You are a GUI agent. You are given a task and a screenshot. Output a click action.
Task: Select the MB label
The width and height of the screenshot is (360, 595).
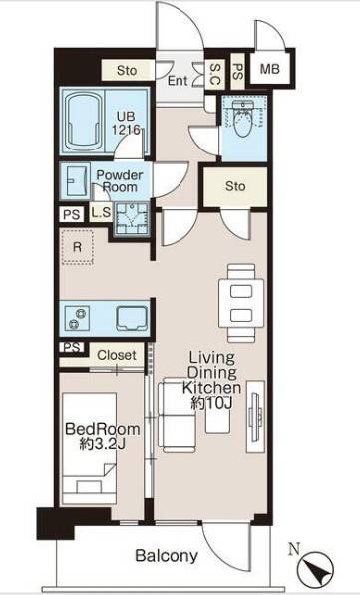tap(270, 69)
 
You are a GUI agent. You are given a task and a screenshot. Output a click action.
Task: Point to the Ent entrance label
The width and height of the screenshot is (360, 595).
tap(178, 81)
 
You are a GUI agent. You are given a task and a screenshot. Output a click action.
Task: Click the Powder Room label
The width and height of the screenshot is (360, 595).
tap(120, 181)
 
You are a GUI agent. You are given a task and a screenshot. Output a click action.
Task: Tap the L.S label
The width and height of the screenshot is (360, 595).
tap(101, 213)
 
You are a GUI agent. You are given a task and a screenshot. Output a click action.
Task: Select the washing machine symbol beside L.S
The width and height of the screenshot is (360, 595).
tap(132, 219)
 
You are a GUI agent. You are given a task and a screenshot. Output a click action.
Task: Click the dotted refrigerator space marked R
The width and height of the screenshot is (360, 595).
tap(78, 246)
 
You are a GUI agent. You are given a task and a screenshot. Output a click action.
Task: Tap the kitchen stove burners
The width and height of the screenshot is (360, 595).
tap(77, 318)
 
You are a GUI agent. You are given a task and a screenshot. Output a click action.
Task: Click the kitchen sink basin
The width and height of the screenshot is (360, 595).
tap(132, 318)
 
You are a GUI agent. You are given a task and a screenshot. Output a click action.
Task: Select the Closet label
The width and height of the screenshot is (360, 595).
tap(117, 355)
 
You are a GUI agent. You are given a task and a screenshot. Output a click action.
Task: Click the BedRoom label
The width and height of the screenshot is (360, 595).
tap(103, 429)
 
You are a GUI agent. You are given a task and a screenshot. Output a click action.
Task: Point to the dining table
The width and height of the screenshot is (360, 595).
tap(241, 303)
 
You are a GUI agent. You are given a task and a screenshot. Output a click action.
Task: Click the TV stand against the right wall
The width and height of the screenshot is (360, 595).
tap(255, 417)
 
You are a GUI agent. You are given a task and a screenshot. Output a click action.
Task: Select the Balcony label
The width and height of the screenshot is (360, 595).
tap(167, 556)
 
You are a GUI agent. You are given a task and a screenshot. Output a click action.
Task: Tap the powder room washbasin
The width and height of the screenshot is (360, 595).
tap(77, 181)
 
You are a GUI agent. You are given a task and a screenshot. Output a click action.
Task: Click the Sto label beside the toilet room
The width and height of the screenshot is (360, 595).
tap(235, 186)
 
